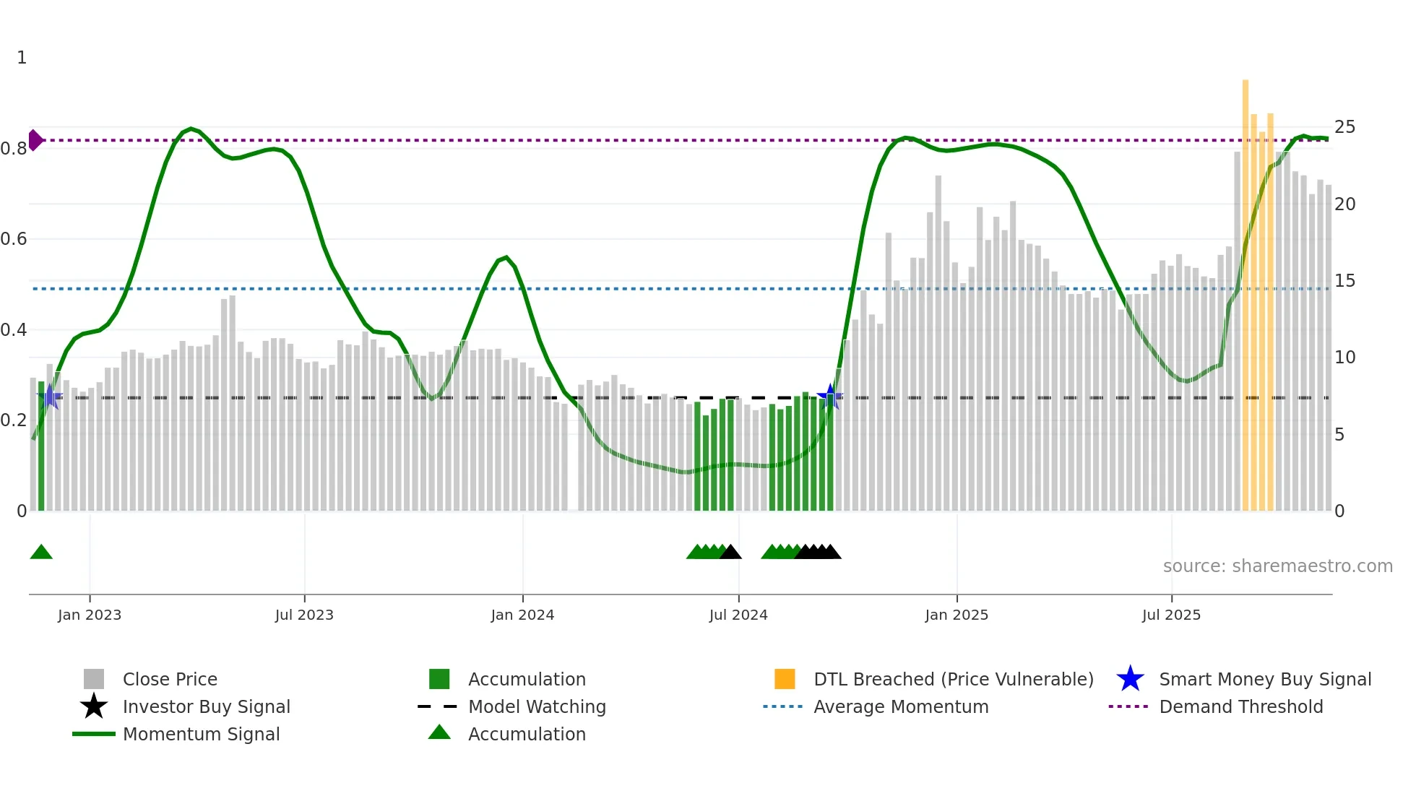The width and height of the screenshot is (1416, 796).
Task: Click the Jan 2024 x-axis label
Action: click(522, 615)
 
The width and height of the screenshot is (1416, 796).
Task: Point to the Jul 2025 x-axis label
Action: click(1171, 615)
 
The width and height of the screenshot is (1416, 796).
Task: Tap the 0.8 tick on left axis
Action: click(14, 149)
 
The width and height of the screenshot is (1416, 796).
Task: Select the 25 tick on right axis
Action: click(1344, 127)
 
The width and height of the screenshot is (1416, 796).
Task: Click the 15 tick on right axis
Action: click(1344, 281)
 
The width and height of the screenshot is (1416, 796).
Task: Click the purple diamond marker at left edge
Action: click(35, 140)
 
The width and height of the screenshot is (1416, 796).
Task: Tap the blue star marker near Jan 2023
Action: click(50, 397)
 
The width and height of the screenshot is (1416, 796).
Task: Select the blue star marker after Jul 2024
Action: click(830, 397)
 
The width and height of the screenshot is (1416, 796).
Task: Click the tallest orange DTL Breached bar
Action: click(1246, 289)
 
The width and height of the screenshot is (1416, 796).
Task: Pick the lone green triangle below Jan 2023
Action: click(41, 553)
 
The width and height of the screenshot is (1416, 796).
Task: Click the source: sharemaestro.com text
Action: click(1277, 566)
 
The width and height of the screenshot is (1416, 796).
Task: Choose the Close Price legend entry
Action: click(170, 679)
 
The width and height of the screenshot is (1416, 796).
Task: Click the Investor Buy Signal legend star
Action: click(94, 706)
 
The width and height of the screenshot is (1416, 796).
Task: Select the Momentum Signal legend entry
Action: click(201, 734)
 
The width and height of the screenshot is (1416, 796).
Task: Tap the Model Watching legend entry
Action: click(536, 706)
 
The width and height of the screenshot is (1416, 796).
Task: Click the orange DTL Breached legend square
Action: click(785, 679)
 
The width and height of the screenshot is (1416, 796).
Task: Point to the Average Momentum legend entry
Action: click(900, 706)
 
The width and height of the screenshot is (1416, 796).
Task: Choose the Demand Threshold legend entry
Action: click(1240, 706)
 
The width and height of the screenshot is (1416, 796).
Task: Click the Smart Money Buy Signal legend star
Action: click(1130, 679)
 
